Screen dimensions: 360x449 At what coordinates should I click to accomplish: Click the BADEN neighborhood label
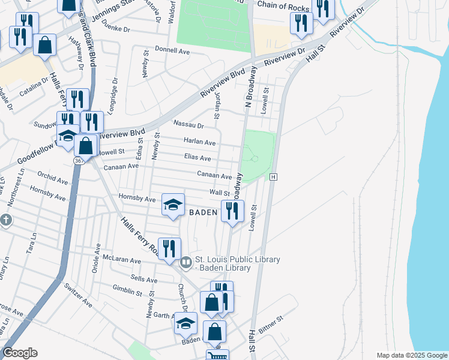[202, 212]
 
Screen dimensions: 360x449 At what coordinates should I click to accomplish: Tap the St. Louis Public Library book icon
[186, 262]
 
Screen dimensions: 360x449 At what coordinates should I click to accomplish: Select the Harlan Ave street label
[202, 143]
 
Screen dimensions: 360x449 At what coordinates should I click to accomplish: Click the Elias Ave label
[197, 158]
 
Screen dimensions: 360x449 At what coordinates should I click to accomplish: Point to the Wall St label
[219, 193]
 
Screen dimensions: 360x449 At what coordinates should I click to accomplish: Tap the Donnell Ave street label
[172, 52]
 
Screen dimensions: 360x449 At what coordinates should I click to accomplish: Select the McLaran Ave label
[121, 261]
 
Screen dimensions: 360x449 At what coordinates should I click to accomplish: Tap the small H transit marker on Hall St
[273, 177]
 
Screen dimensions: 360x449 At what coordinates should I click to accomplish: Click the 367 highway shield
[79, 161]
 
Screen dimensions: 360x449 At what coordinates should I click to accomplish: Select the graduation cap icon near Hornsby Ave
[172, 205]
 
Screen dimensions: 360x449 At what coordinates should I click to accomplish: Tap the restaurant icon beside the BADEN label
[232, 210]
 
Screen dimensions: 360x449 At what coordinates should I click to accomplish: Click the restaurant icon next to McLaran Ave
[169, 248]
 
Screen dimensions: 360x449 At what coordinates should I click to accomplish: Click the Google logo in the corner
[20, 353]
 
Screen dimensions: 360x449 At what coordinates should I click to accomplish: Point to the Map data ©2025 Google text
[411, 355]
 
